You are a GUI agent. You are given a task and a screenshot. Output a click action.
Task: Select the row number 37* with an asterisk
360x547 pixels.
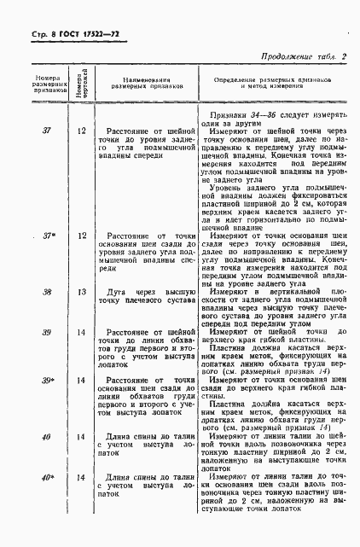[x=37, y=234]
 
